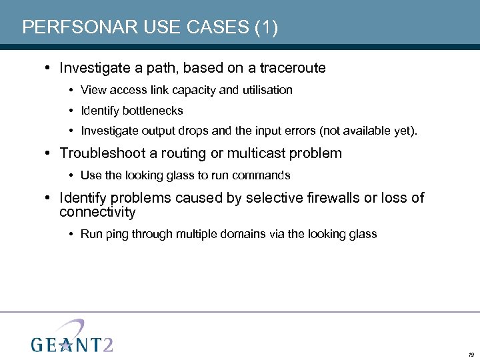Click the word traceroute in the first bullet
click(x=293, y=68)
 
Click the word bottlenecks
click(x=152, y=111)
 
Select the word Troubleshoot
click(x=103, y=153)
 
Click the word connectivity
click(x=97, y=213)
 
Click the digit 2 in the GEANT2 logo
click(x=107, y=343)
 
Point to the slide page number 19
click(x=471, y=355)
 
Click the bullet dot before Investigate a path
click(x=51, y=68)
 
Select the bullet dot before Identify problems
click(x=51, y=198)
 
